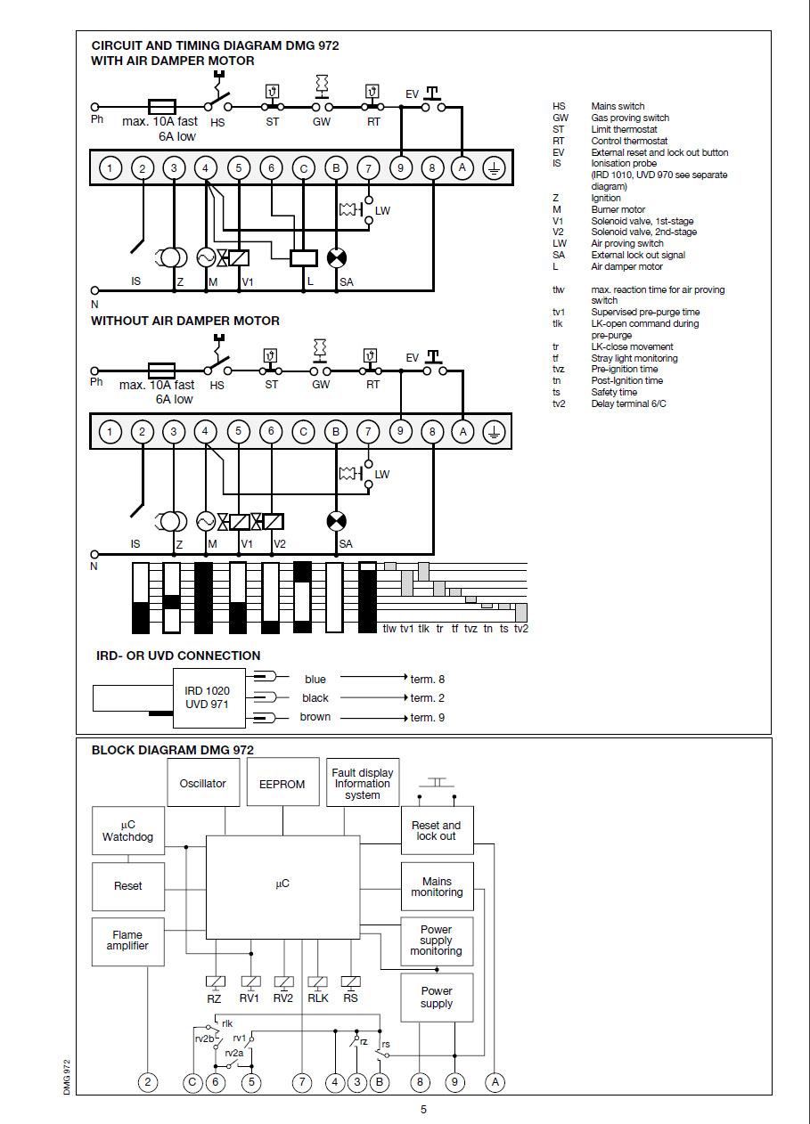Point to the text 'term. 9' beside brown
coord(428,718)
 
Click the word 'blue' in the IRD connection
coord(315,679)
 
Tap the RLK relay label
coord(318,998)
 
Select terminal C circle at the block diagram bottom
coord(192,1082)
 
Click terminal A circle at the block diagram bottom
coord(495,1082)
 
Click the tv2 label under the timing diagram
coord(520,628)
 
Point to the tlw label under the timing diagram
coord(389,628)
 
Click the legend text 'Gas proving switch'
coord(630,118)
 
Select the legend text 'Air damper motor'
coord(626,266)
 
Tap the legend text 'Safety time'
coord(614,392)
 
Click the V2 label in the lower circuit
coord(280,544)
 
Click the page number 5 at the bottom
coord(423,1110)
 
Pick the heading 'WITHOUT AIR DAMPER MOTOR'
coord(185,321)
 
